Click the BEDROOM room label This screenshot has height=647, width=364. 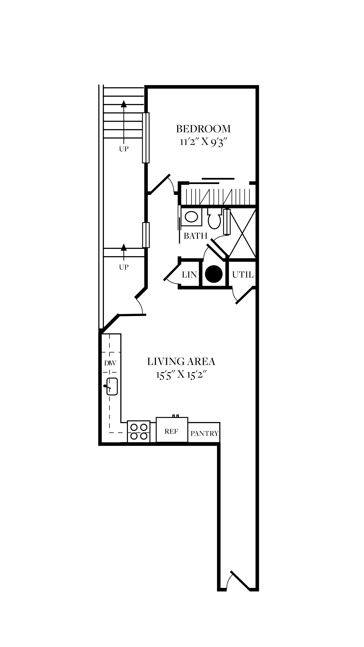(203, 129)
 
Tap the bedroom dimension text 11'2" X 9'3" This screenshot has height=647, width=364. (203, 142)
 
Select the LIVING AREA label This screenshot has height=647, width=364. (181, 362)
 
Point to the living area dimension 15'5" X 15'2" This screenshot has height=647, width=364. (181, 375)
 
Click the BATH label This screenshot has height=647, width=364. (196, 236)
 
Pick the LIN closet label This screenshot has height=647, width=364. (189, 275)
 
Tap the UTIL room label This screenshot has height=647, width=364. (243, 275)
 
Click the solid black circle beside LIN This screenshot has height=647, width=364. (214, 274)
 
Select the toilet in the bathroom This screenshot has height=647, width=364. (214, 218)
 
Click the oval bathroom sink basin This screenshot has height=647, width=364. (191, 217)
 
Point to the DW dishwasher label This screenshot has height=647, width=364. (110, 363)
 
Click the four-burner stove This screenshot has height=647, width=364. (139, 432)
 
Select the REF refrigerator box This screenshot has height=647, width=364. (172, 429)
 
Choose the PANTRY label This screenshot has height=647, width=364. (204, 433)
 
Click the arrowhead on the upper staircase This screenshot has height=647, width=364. (124, 104)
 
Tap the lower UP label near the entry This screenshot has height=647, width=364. (124, 267)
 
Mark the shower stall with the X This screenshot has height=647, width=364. (242, 233)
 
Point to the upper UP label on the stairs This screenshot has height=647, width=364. (124, 149)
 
